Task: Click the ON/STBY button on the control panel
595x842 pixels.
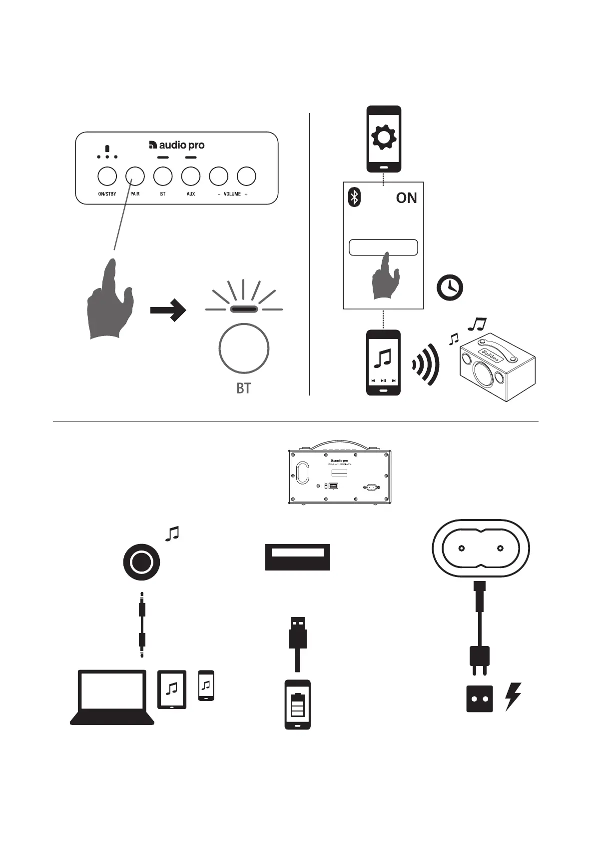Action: [x=107, y=176]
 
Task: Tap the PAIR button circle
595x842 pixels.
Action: [x=135, y=176]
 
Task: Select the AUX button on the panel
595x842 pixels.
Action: [x=191, y=176]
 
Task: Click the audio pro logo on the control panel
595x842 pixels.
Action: [x=177, y=145]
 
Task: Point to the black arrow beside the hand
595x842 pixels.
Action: [x=168, y=310]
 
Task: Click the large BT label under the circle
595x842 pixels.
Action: [x=243, y=388]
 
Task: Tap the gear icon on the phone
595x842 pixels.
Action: [x=384, y=137]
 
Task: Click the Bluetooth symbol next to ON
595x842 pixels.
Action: [x=354, y=197]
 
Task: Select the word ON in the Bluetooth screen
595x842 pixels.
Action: [x=406, y=198]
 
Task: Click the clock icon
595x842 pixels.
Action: [x=450, y=288]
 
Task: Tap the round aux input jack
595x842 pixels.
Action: [x=141, y=562]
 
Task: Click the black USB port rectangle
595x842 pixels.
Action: [x=297, y=556]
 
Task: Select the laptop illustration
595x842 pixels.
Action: [x=112, y=697]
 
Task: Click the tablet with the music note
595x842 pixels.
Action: [x=172, y=689]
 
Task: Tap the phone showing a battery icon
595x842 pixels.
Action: [x=297, y=704]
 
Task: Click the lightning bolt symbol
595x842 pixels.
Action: [x=513, y=696]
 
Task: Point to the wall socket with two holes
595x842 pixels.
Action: [x=479, y=698]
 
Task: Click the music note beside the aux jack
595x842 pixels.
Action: [x=172, y=533]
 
